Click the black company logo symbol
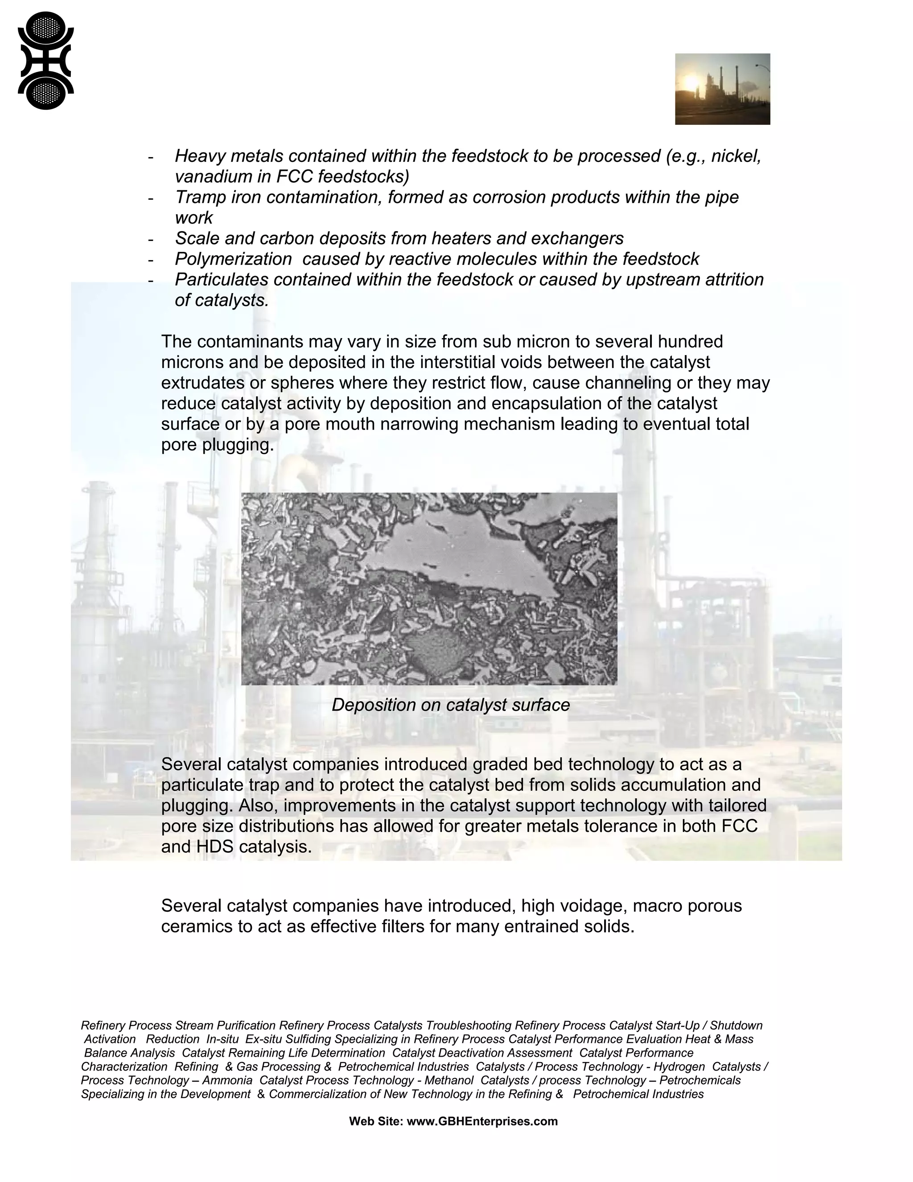45,61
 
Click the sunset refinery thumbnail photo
722,89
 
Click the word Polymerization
233,259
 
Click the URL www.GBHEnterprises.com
481,1121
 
